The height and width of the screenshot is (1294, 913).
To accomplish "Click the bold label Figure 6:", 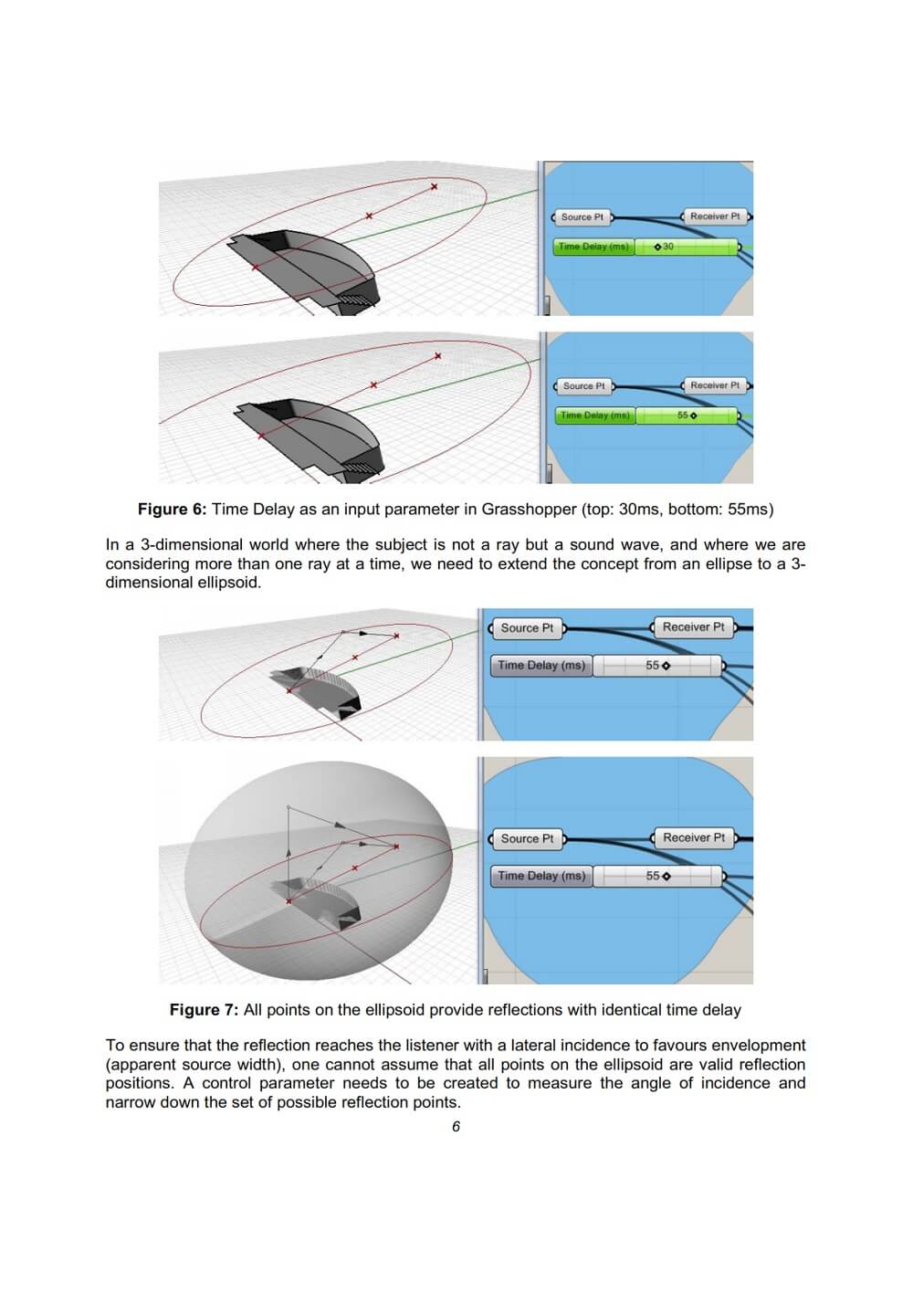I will [x=172, y=510].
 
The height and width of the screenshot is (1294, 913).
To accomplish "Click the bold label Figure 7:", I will [x=204, y=1010].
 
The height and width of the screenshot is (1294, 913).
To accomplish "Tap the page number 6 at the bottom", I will [x=456, y=1127].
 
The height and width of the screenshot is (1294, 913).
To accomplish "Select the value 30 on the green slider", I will [x=667, y=247].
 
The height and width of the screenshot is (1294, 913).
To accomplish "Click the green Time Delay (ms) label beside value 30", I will [x=593, y=247].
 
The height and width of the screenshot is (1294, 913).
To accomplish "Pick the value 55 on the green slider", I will [x=685, y=416].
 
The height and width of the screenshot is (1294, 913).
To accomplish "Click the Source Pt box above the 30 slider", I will [x=582, y=217].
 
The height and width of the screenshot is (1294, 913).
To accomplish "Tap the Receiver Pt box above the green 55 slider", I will [x=715, y=385].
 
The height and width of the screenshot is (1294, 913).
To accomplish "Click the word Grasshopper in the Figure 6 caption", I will [x=529, y=510].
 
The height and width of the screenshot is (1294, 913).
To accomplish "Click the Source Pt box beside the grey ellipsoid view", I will [x=527, y=838].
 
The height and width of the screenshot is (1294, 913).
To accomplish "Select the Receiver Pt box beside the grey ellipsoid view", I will [x=694, y=837].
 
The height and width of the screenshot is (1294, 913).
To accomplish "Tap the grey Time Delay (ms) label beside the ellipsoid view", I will [x=541, y=876].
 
